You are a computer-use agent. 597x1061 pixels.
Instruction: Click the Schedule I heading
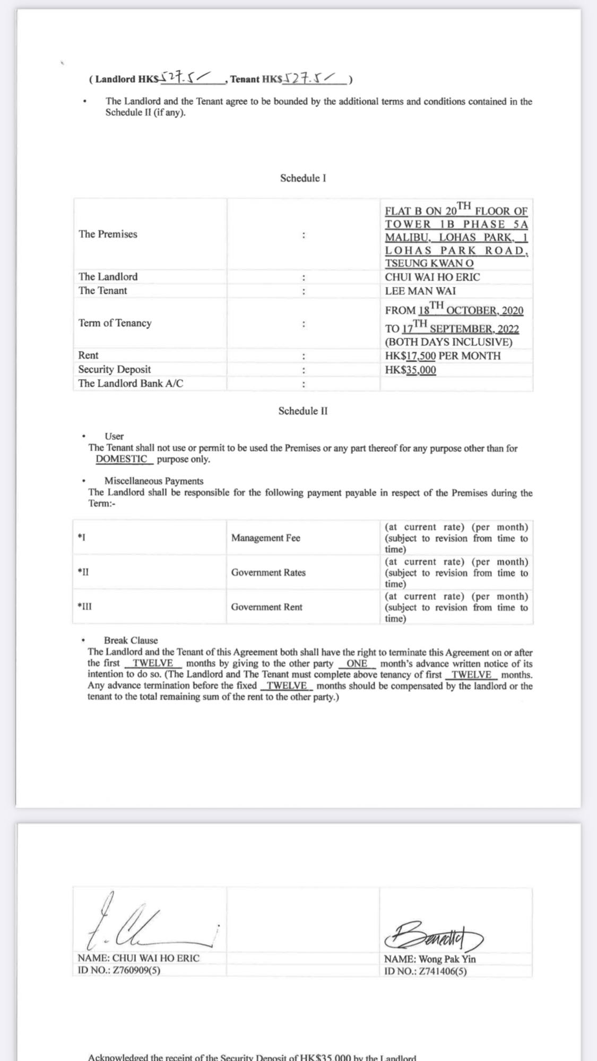coord(303,178)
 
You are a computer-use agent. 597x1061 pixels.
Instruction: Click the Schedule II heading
coord(303,411)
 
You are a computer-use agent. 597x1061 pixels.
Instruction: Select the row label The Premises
coord(108,234)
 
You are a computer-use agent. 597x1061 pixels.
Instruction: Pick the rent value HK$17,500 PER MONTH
coord(443,356)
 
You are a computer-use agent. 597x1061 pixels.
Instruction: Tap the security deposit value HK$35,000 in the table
coord(410,370)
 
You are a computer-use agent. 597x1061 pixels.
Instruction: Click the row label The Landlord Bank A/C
coord(131,383)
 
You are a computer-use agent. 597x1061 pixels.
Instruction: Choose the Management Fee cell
coord(265,538)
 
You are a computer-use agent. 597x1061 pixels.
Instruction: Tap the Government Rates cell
coord(268,572)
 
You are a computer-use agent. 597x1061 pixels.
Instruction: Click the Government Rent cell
coord(266,607)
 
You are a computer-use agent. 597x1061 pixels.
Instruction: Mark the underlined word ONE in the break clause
coord(357,663)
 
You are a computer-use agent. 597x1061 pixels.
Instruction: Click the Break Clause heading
coord(131,641)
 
